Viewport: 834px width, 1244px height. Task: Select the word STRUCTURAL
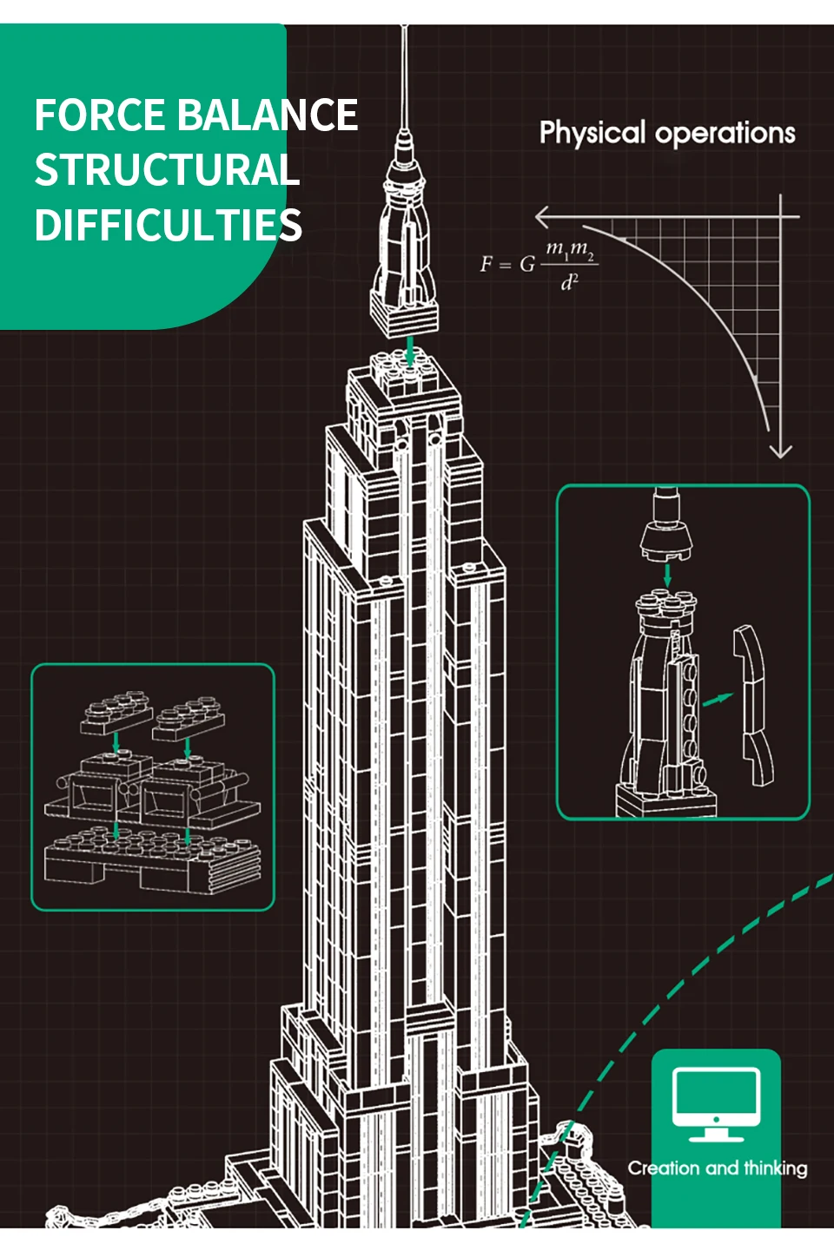167,170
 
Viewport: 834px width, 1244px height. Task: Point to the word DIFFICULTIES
169,225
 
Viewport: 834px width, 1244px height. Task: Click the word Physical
592,133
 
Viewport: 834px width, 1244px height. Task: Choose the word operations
725,133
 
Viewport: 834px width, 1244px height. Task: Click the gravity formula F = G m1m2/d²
539,264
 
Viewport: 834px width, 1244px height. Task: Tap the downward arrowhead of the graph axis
780,451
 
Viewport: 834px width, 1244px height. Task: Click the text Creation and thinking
718,1168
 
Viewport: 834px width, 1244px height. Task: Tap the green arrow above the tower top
410,351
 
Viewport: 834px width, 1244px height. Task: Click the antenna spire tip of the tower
405,35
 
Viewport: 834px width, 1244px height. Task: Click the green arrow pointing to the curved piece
718,698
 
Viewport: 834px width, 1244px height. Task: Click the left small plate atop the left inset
116,712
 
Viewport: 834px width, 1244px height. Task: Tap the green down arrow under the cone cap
667,575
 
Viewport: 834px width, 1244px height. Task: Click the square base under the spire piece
405,314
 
